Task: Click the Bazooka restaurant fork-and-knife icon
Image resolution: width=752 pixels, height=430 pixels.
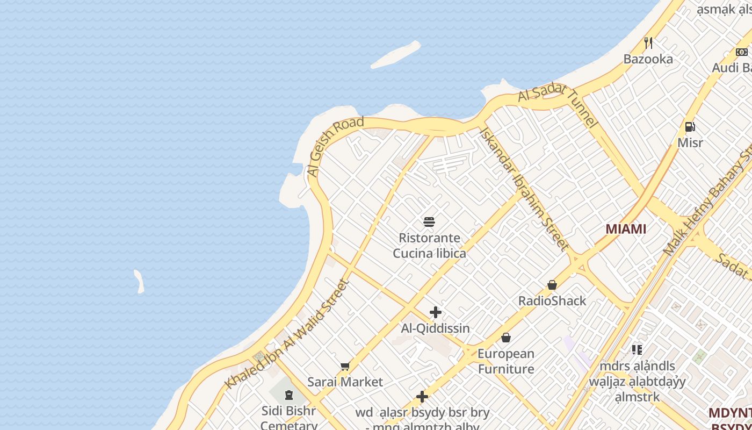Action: (x=648, y=43)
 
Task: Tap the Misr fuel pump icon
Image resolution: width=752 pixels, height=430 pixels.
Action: (x=690, y=127)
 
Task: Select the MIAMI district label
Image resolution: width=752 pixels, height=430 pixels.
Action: (x=626, y=229)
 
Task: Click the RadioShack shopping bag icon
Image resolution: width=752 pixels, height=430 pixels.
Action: (x=552, y=285)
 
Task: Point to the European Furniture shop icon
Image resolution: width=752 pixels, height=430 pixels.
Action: (x=505, y=338)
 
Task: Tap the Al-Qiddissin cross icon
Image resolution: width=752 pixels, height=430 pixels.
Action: (x=436, y=312)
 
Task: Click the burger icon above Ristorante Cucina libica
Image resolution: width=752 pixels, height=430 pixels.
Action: (x=429, y=221)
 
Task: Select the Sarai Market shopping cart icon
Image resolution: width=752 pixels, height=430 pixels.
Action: (x=345, y=367)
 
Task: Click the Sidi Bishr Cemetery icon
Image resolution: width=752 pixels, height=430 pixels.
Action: (x=289, y=396)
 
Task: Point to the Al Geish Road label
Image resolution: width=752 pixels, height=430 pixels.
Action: (x=335, y=146)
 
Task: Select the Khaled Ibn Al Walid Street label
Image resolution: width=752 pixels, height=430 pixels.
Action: (x=287, y=334)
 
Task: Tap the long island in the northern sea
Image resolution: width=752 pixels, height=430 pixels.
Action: (x=396, y=55)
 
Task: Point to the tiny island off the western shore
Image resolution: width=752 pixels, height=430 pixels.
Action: (x=139, y=281)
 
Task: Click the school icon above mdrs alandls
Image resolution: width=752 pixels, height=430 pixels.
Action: (x=637, y=350)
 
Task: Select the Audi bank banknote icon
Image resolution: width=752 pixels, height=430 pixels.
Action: (x=741, y=52)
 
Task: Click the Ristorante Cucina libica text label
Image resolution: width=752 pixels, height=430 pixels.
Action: (x=429, y=245)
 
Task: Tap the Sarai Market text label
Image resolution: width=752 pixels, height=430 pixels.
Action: (x=345, y=382)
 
